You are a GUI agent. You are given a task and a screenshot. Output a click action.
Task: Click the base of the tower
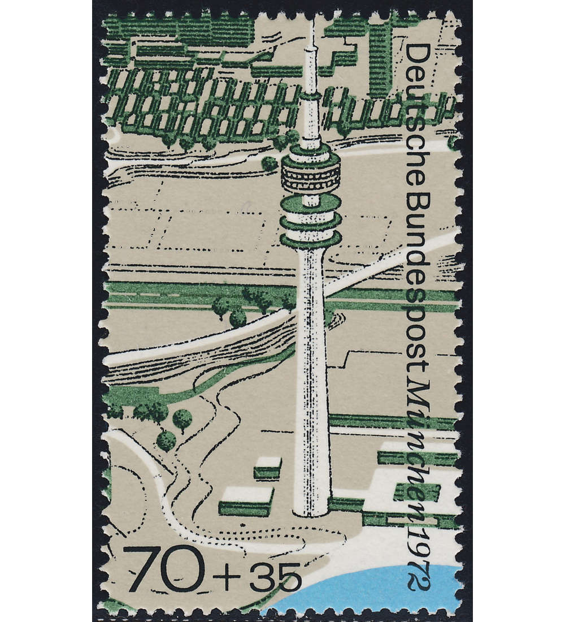[310, 509]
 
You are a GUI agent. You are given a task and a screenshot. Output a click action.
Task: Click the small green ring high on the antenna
[310, 96]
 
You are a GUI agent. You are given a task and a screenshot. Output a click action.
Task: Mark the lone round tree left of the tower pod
[270, 163]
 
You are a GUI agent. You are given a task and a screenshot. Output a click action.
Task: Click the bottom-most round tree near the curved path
[166, 440]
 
